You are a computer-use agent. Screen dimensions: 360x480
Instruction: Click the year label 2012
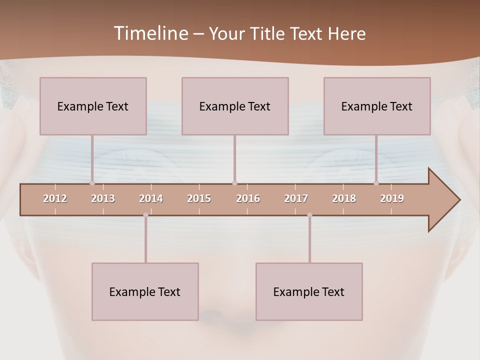[x=55, y=198]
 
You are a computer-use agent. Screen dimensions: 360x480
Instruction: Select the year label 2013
[x=103, y=198]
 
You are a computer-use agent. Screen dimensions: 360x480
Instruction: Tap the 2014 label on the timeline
[x=151, y=198]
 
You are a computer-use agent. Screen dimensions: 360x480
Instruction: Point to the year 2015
[x=199, y=198]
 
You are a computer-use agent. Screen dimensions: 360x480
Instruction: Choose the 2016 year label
[x=248, y=198]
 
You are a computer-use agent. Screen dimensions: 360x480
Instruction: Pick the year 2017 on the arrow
[x=296, y=198]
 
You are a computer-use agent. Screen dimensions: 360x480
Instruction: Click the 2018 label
[x=344, y=198]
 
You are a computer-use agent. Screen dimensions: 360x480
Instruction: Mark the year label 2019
[x=392, y=198]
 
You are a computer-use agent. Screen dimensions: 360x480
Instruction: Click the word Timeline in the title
[x=150, y=33]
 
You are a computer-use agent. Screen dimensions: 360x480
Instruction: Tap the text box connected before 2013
[x=93, y=106]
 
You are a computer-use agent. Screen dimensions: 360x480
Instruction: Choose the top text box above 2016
[x=235, y=106]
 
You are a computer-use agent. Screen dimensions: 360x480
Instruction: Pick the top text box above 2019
[x=377, y=106]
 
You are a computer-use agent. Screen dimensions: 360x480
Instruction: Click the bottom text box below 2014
[x=145, y=291]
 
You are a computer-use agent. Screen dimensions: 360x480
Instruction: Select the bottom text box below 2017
[x=309, y=291]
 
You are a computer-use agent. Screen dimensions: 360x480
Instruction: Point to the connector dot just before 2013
[x=92, y=183]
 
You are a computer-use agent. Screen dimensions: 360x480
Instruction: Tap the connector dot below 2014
[x=145, y=215]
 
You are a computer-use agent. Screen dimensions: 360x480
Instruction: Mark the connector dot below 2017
[x=309, y=215]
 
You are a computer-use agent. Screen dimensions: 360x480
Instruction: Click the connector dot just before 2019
[x=376, y=183]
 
